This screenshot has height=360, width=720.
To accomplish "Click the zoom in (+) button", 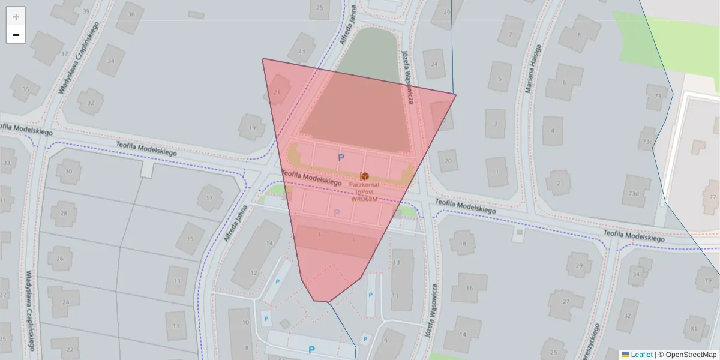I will [16, 17].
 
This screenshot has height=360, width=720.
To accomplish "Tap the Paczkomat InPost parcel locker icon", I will [364, 175].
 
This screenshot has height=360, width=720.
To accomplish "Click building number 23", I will [301, 51].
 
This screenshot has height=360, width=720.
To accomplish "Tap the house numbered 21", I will [277, 92].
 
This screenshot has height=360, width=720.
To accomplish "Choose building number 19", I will [253, 128].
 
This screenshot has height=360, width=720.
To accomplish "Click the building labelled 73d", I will [634, 193].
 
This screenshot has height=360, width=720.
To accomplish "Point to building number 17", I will [209, 197].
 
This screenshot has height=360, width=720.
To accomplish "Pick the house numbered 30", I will [68, 172].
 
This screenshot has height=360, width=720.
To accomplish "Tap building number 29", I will [579, 265].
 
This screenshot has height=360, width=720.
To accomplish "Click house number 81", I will [694, 329].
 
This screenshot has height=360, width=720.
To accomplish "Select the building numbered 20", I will [448, 161].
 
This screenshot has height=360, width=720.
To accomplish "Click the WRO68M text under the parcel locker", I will [364, 199].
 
